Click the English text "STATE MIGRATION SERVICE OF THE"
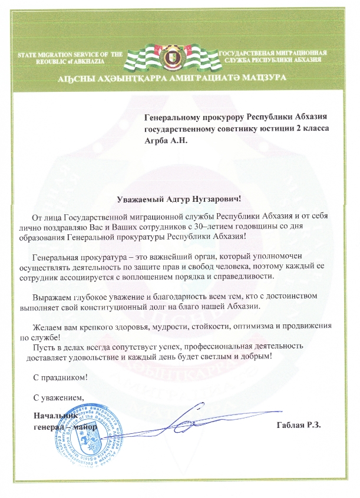[70, 54]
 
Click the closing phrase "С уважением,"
[59, 398]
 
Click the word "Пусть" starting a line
[41, 347]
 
